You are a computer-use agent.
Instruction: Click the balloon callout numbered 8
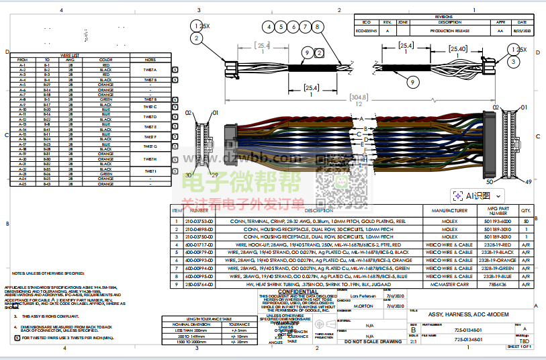point(316,27)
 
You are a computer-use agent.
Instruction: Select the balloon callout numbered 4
point(269,27)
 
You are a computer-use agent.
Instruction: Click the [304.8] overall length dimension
point(359,97)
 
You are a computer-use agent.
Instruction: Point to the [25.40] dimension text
point(458,49)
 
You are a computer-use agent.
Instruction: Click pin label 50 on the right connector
point(490,181)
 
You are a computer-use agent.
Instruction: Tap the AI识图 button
point(472,195)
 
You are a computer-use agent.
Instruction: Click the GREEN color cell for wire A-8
point(105,99)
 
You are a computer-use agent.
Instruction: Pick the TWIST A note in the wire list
point(150,70)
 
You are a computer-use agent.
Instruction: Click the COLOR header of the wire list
point(105,60)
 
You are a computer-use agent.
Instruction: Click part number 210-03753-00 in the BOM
point(199,220)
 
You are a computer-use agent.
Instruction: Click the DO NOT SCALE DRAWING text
point(372,342)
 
